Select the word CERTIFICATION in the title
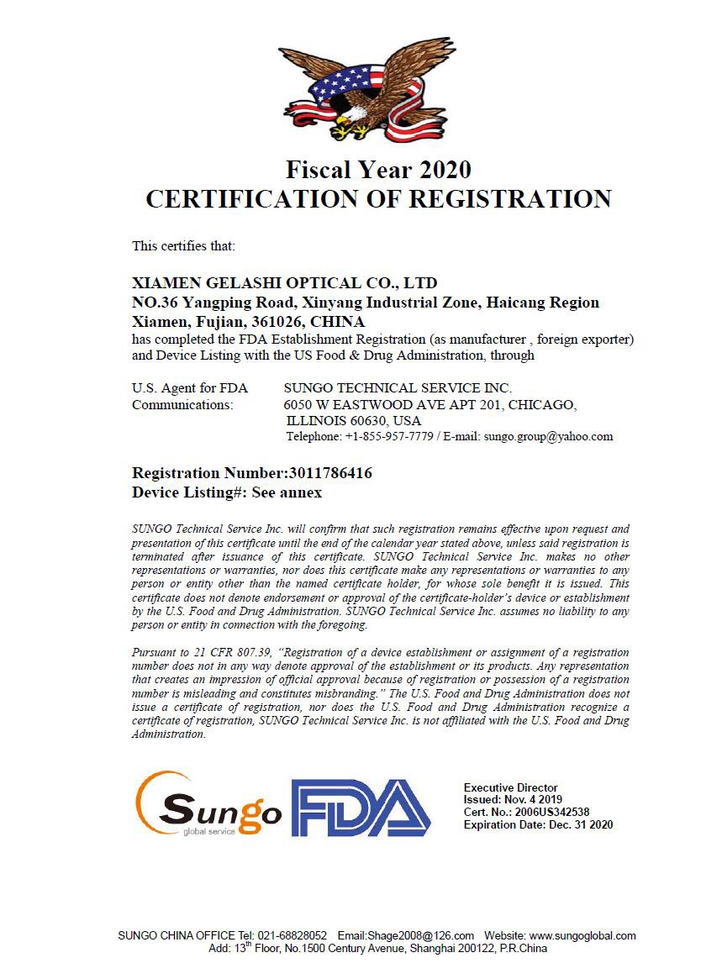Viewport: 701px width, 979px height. click(256, 199)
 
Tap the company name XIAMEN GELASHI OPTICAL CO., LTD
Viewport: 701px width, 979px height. click(285, 282)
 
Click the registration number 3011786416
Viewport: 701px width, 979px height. click(330, 473)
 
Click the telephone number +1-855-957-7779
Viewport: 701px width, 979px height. click(389, 437)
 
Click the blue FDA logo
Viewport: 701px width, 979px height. click(361, 808)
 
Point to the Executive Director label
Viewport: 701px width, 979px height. click(510, 787)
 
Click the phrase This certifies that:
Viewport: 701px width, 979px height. click(183, 246)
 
